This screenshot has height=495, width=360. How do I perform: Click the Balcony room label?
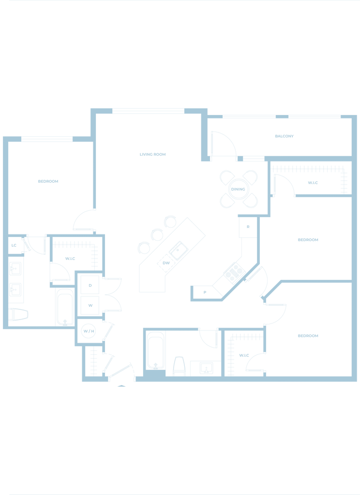click(285, 136)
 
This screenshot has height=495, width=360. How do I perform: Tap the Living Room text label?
click(153, 155)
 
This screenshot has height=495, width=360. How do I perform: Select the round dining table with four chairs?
click(238, 189)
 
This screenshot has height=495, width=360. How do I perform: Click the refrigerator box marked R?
click(248, 226)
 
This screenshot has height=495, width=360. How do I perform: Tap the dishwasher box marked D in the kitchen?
click(205, 291)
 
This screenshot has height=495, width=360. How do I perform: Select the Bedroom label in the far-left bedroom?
click(48, 182)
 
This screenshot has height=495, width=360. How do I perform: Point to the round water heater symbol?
click(88, 331)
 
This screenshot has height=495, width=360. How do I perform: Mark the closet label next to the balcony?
click(313, 183)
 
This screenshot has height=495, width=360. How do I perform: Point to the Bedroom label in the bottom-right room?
click(308, 335)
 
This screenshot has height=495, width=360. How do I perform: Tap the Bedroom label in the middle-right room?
click(308, 240)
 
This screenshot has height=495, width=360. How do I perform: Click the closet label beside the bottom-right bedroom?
click(243, 355)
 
